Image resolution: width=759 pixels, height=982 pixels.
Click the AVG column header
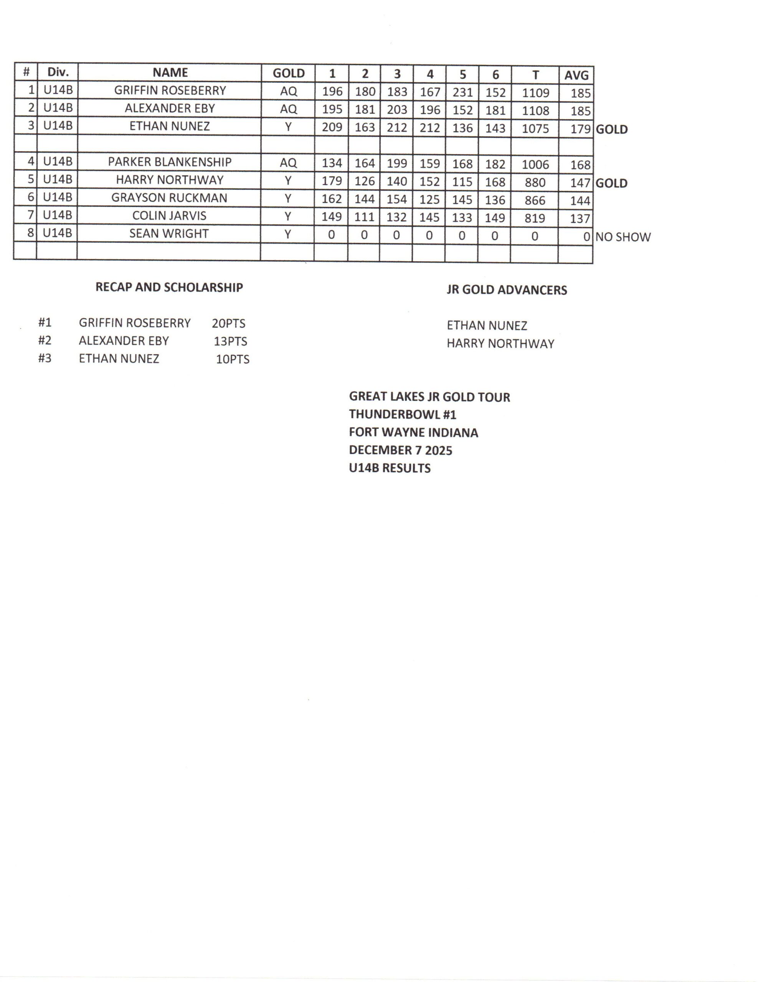coord(576,75)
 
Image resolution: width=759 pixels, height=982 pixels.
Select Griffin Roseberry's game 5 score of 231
coord(462,92)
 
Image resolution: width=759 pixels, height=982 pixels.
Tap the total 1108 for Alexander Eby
coord(535,110)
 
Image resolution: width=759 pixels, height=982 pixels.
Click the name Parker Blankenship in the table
coord(170,162)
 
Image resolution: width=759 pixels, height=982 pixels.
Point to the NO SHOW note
coord(623,237)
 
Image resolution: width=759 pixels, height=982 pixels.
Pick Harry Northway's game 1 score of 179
coord(332,181)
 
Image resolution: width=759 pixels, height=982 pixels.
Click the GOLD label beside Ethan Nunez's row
coord(611,130)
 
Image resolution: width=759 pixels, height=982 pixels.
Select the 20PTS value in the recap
coord(229,323)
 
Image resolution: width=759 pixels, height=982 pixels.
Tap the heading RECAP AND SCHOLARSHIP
coord(169,287)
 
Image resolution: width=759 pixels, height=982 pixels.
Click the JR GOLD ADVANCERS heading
coord(507,290)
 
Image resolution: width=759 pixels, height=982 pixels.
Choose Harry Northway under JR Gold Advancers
coord(500,344)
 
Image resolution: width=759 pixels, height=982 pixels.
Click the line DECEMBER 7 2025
coord(401,450)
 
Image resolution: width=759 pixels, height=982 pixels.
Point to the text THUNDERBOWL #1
coord(403,414)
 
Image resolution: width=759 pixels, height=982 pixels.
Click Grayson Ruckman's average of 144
coord(580,201)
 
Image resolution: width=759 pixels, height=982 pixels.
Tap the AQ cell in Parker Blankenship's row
coord(289,163)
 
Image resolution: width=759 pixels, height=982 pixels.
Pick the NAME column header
coord(170,72)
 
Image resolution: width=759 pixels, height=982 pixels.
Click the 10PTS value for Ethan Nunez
coord(233,359)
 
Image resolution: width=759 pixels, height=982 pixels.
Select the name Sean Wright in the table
coord(169,234)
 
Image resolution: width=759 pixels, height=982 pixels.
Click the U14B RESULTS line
coord(389,468)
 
